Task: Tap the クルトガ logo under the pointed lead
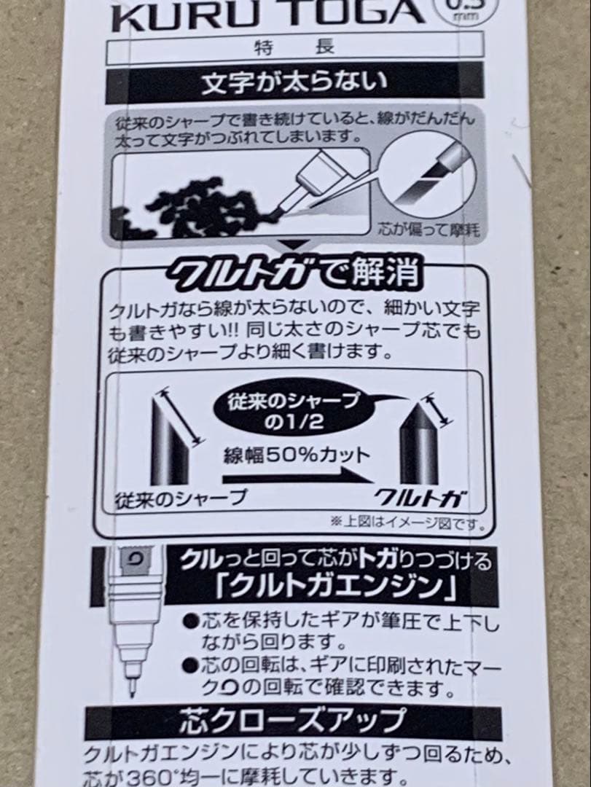[421, 498]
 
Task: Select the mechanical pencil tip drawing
[131, 619]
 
